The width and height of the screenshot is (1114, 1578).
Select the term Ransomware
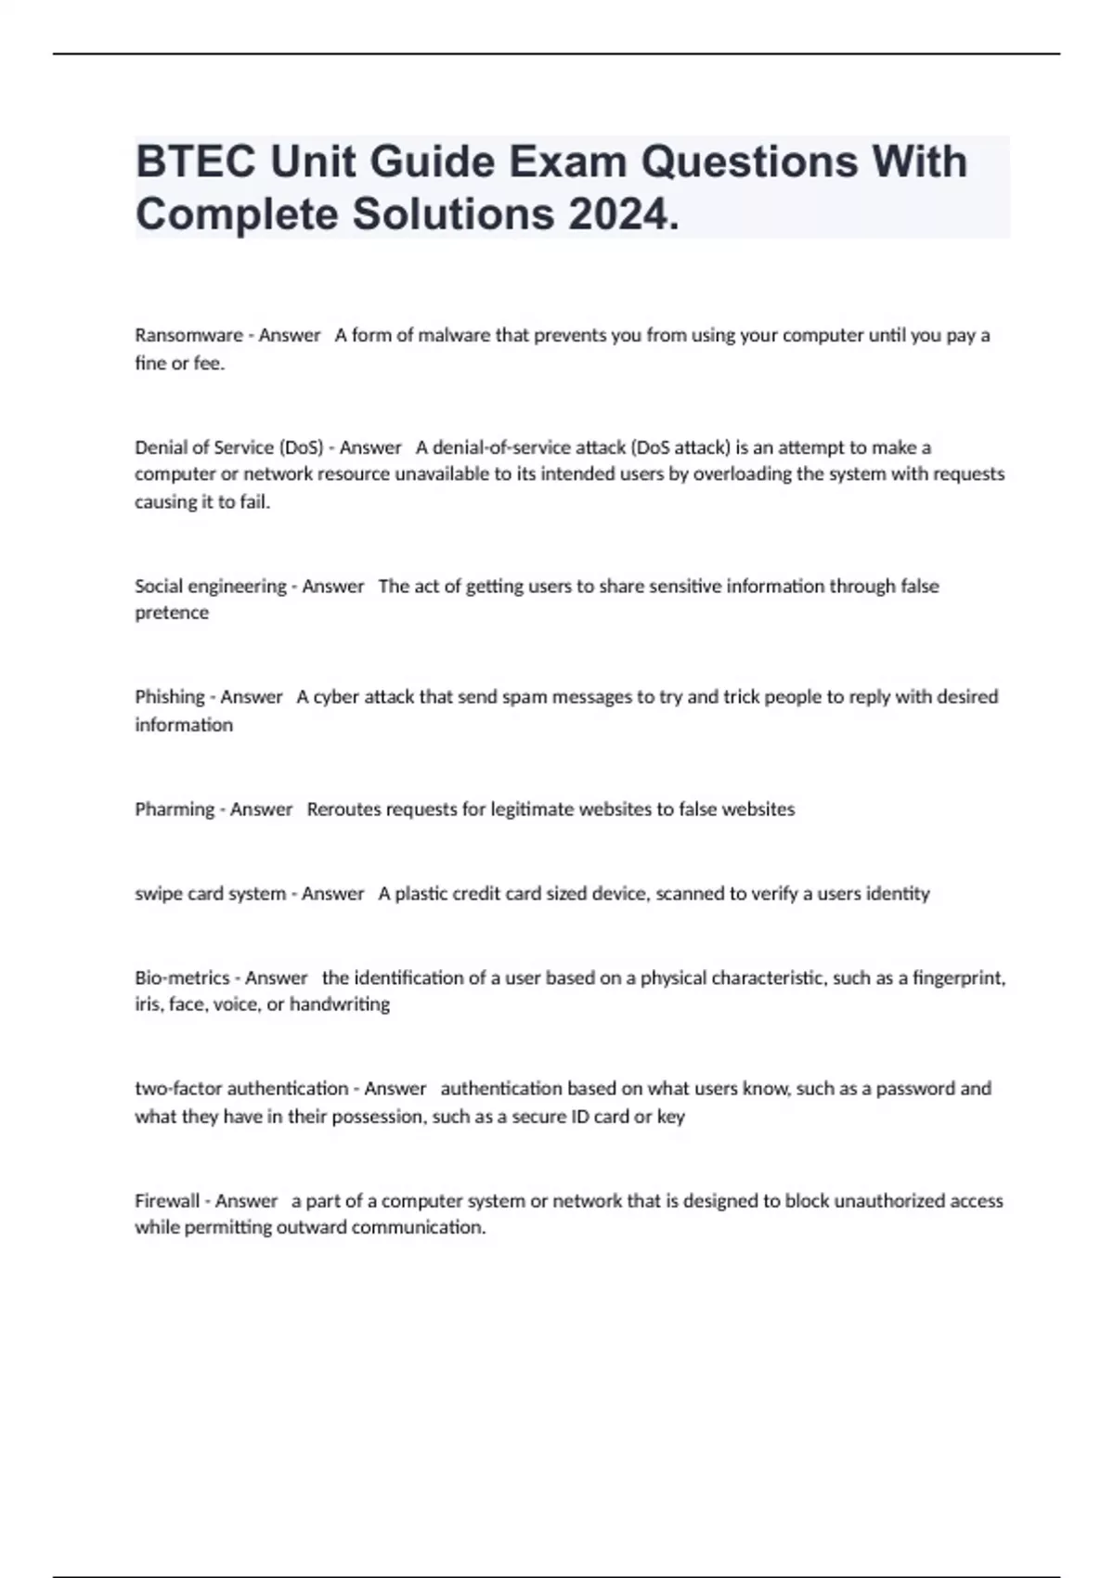[188, 335]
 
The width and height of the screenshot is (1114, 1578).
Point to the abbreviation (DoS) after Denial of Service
[301, 447]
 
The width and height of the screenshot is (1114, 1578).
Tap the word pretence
[172, 613]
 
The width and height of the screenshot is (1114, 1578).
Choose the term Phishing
[170, 697]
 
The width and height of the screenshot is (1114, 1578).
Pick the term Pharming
[175, 809]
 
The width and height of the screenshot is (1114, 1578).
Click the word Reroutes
[343, 809]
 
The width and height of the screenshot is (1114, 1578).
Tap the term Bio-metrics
[182, 977]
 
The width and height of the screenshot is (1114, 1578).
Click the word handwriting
[339, 1004]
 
